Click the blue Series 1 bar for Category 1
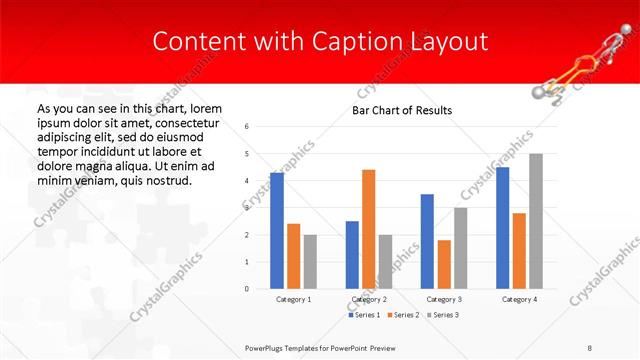[x=277, y=231]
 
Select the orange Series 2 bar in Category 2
[x=368, y=229]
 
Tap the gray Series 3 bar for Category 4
[x=536, y=221]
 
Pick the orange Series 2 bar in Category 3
[x=444, y=264]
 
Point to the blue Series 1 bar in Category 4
[x=502, y=228]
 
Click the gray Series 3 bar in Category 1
[x=310, y=262]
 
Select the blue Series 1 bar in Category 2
[x=352, y=255]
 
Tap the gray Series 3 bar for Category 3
[x=460, y=248]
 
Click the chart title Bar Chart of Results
[x=402, y=110]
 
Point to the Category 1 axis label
[x=294, y=299]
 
